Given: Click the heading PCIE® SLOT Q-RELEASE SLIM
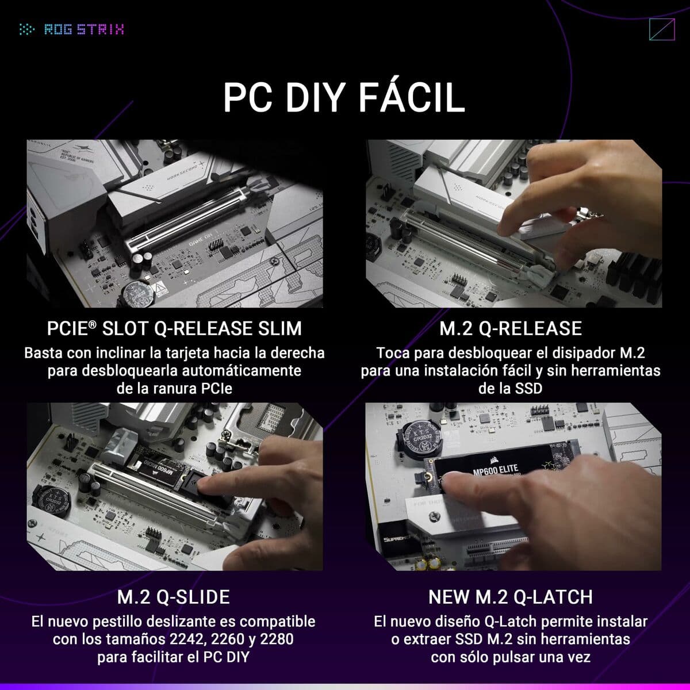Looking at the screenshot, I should coord(174,328).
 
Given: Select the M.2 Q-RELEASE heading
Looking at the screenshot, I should coord(511,328).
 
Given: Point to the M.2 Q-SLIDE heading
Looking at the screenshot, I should coord(174,597).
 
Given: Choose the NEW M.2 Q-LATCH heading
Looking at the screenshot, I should coord(511,597).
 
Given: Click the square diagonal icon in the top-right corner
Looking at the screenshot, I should coord(661,30).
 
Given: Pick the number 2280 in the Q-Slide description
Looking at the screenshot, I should coord(277,639).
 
